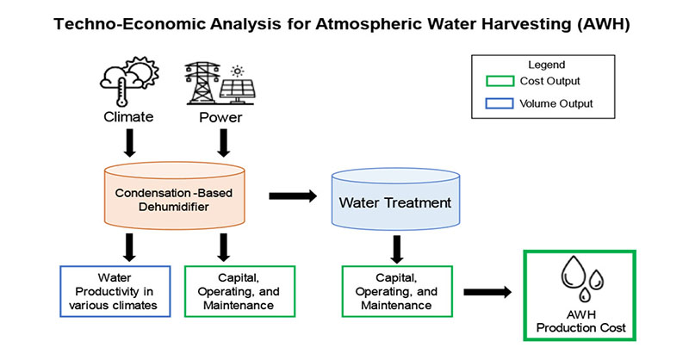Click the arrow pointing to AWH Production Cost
tap(488, 292)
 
